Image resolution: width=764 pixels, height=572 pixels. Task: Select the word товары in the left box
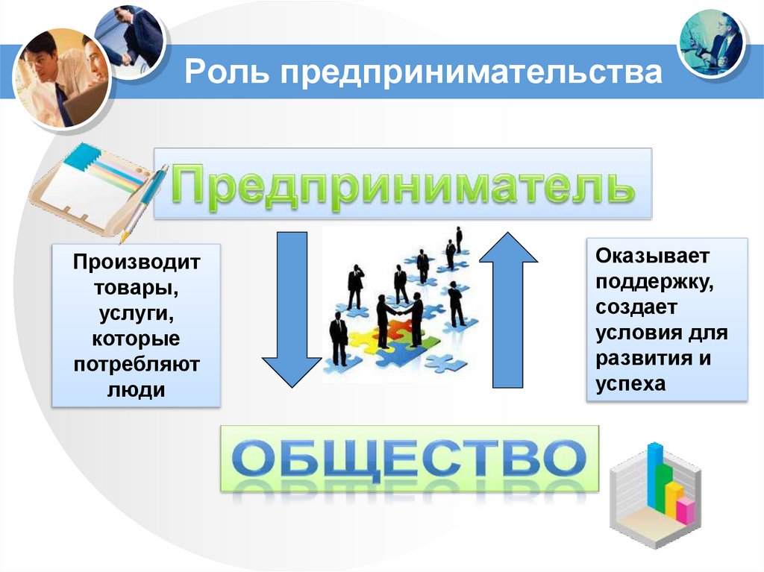point(137,288)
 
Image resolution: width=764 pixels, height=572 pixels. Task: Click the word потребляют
point(137,365)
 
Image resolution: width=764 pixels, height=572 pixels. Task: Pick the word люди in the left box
point(137,390)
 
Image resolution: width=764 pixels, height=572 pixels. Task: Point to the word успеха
point(630,383)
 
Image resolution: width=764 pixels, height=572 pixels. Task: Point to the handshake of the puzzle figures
point(398,314)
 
